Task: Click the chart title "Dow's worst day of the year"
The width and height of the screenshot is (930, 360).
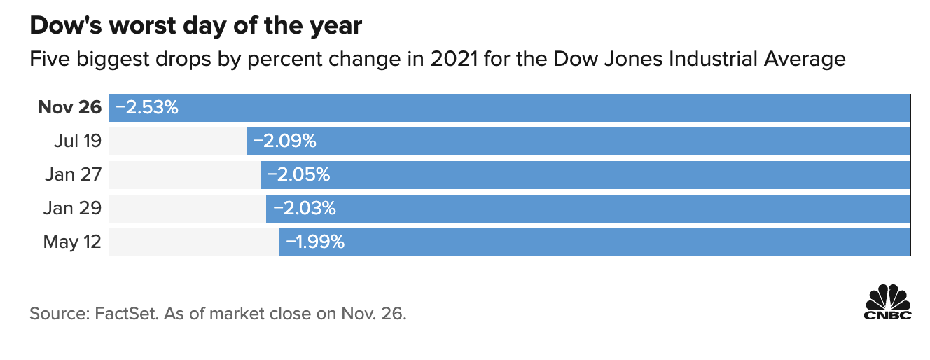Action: tap(195, 27)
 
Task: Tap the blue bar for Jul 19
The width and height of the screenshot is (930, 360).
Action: tap(578, 141)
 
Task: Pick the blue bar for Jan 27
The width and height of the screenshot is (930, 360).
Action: tap(585, 175)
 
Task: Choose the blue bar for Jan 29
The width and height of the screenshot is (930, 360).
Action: tap(588, 209)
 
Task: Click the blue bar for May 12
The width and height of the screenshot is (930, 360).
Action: tap(594, 242)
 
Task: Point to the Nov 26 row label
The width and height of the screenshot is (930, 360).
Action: tap(69, 108)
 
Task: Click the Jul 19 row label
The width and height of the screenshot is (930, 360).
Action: tap(77, 141)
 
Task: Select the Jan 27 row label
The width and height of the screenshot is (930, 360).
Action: tap(73, 175)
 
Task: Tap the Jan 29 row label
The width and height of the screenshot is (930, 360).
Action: tap(73, 209)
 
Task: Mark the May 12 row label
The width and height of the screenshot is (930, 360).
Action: tap(72, 242)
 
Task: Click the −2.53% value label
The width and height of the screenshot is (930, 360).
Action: tap(147, 108)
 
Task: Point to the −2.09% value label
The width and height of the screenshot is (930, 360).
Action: tap(284, 141)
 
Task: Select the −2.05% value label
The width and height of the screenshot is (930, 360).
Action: tap(298, 175)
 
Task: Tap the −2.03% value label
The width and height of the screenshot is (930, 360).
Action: tap(304, 209)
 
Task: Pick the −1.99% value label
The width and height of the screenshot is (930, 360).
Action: tap(315, 242)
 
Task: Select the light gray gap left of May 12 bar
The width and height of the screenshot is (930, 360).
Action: tap(193, 242)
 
